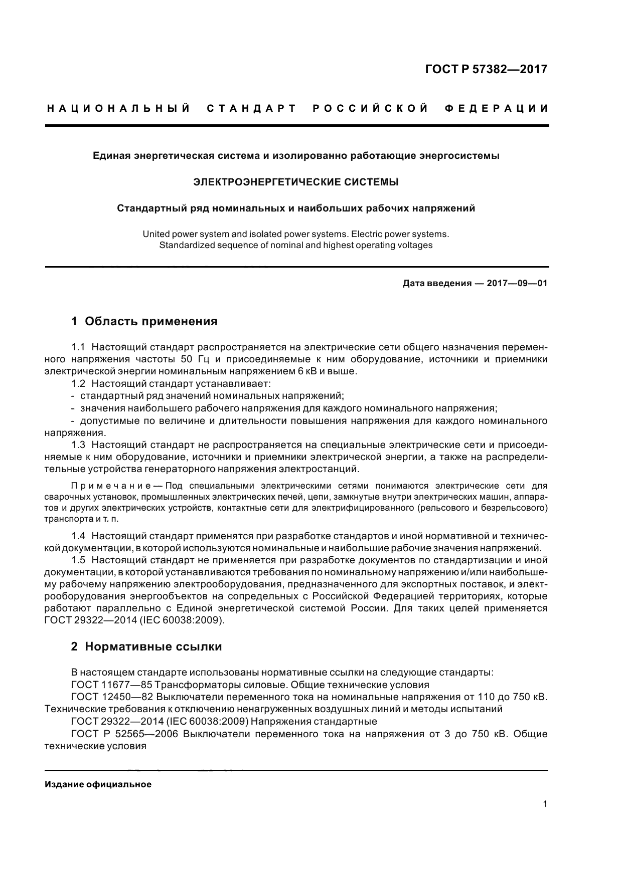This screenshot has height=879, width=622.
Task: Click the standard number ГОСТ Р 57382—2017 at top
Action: (x=486, y=69)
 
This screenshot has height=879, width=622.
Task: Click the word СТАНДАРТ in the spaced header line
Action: (x=252, y=108)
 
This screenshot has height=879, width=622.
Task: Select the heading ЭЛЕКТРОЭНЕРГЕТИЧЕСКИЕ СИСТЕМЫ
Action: (x=296, y=182)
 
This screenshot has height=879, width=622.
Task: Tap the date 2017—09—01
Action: (x=517, y=284)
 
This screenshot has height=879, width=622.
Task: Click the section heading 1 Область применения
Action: (x=144, y=321)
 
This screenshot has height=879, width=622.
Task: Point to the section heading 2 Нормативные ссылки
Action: (x=146, y=646)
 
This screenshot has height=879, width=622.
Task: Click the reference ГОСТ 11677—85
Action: (x=106, y=685)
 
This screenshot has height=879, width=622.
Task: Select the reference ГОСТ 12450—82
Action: (x=106, y=697)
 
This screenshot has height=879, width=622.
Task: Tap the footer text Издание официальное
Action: (x=98, y=784)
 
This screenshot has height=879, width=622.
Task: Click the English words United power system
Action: (x=181, y=234)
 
